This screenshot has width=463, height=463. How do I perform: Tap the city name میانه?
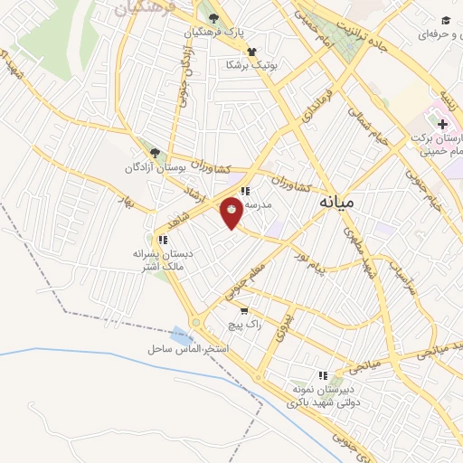pyautogui.click(x=336, y=205)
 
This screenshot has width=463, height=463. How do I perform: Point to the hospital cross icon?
pyautogui.click(x=442, y=123)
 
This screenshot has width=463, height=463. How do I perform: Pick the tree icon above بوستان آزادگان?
pyautogui.click(x=155, y=153)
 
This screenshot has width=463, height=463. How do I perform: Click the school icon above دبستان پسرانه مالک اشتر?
pyautogui.click(x=163, y=240)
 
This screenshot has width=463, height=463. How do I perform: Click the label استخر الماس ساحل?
pyautogui.click(x=188, y=348)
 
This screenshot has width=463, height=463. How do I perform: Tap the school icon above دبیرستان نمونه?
pyautogui.click(x=321, y=375)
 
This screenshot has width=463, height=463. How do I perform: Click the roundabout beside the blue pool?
pyautogui.click(x=197, y=323)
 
